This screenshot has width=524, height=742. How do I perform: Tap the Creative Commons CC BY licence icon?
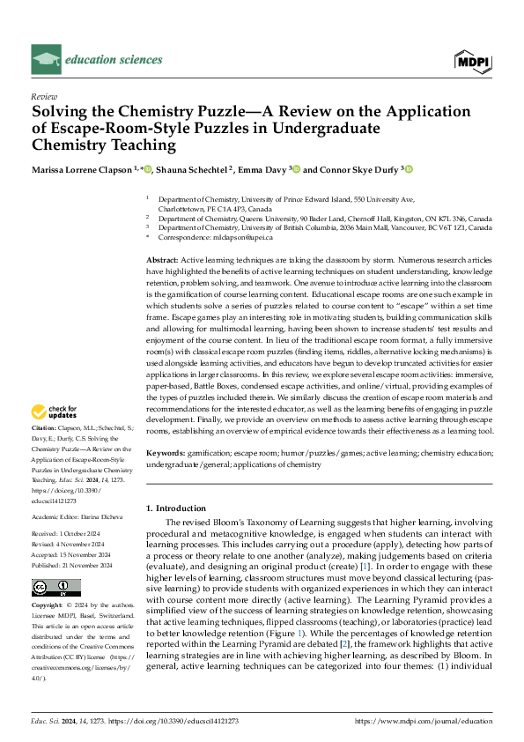tap(55, 588)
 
